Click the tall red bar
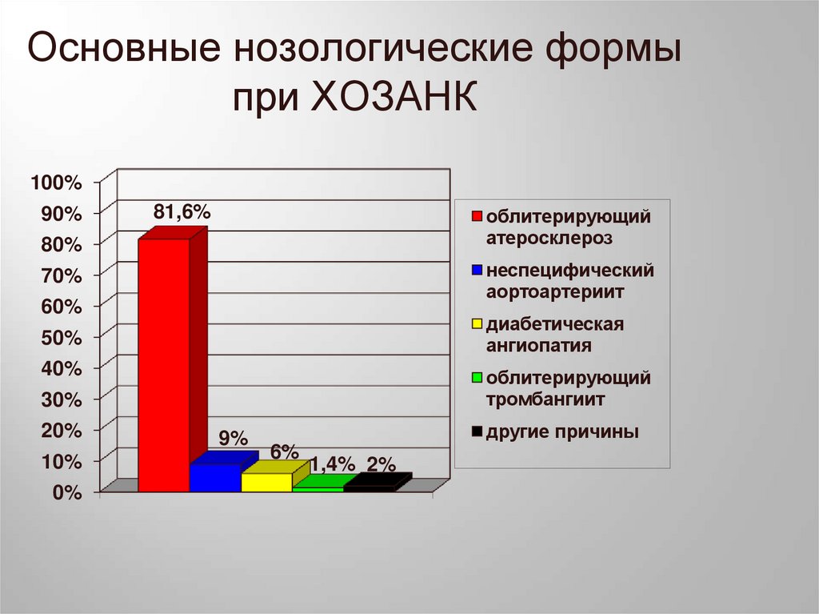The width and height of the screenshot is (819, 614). point(164,364)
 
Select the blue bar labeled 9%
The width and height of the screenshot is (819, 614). point(215,477)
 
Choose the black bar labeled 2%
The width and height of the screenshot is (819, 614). point(369,484)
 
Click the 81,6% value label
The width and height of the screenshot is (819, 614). point(182,212)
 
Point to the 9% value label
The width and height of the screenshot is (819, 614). point(233,438)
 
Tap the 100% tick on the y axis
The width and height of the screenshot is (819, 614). point(57,183)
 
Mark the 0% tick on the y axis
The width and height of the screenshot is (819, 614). point(68,494)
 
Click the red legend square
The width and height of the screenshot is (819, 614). point(477,217)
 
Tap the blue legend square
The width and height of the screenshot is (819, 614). point(477,271)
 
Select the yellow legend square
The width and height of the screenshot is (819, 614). point(477,324)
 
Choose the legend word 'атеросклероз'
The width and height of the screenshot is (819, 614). point(549,237)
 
